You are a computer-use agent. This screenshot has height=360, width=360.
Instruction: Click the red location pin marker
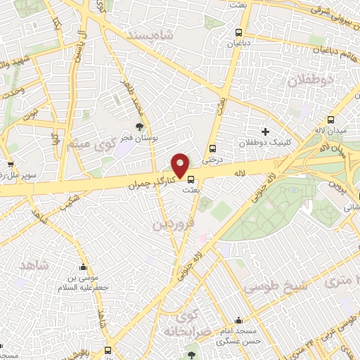point(181,165)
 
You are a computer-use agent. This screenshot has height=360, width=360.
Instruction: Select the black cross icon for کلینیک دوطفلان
point(265,131)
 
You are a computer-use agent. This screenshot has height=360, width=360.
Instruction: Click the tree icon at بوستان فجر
point(139,127)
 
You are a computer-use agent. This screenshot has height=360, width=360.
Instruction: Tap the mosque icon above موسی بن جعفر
point(84,268)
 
